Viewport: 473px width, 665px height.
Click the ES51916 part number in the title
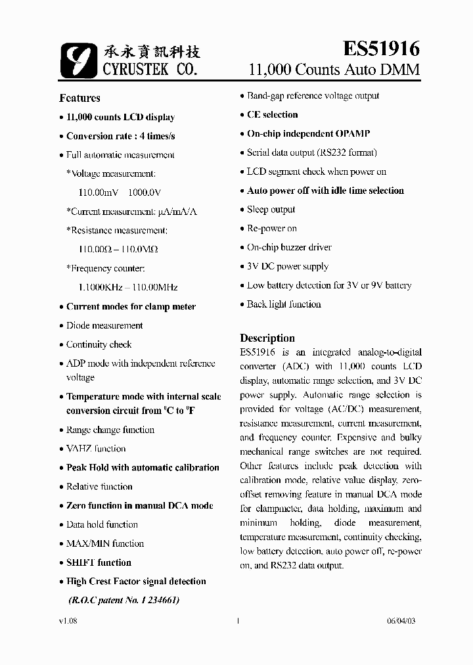click(382, 48)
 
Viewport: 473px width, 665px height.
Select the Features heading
click(79, 98)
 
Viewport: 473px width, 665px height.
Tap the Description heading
click(267, 338)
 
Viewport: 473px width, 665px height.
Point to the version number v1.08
click(68, 620)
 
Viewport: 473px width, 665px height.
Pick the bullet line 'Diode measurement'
click(104, 325)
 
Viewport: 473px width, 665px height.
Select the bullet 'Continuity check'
click(99, 344)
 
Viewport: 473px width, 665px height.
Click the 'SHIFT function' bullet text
click(99, 562)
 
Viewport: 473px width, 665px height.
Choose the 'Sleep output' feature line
click(271, 210)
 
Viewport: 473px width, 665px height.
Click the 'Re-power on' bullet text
click(271, 229)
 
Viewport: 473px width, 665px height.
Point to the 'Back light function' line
click(284, 304)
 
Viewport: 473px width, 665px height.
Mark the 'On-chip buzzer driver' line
click(289, 248)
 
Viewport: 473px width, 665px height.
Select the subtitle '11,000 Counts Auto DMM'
click(334, 70)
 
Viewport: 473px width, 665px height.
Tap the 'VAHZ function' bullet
click(96, 449)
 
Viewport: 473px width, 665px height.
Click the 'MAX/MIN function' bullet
click(104, 543)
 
